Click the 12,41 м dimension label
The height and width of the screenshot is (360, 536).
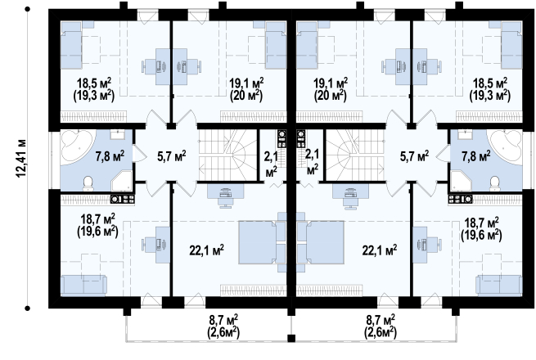tap(21, 158)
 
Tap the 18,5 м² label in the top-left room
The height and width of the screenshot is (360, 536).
tap(93, 83)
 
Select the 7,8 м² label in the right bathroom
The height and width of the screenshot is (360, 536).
tap(475, 156)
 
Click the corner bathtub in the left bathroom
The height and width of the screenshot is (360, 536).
tap(77, 146)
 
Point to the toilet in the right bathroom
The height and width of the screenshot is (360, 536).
tap(494, 183)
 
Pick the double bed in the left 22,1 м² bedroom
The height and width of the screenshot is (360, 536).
tap(257, 242)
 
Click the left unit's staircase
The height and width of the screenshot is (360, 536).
tap(228, 154)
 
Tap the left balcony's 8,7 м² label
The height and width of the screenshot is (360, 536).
tap(223, 321)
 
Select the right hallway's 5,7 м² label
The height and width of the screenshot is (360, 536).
tap(414, 156)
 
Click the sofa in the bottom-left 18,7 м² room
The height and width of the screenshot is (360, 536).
tap(83, 286)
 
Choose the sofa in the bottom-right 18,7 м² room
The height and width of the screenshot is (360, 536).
tap(499, 286)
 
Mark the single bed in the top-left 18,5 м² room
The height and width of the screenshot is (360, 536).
tap(71, 45)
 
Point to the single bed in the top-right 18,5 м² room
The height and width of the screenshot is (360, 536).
tap(511, 45)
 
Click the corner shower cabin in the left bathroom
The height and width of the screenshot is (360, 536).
tap(121, 181)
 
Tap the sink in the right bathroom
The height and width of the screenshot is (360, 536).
tap(465, 134)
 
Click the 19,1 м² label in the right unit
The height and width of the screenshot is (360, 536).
tap(331, 83)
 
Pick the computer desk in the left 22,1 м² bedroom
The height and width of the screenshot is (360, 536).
tap(226, 196)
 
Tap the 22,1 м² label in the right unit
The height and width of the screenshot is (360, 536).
tap(380, 250)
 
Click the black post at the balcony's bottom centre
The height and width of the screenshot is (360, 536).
tap(291, 339)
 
